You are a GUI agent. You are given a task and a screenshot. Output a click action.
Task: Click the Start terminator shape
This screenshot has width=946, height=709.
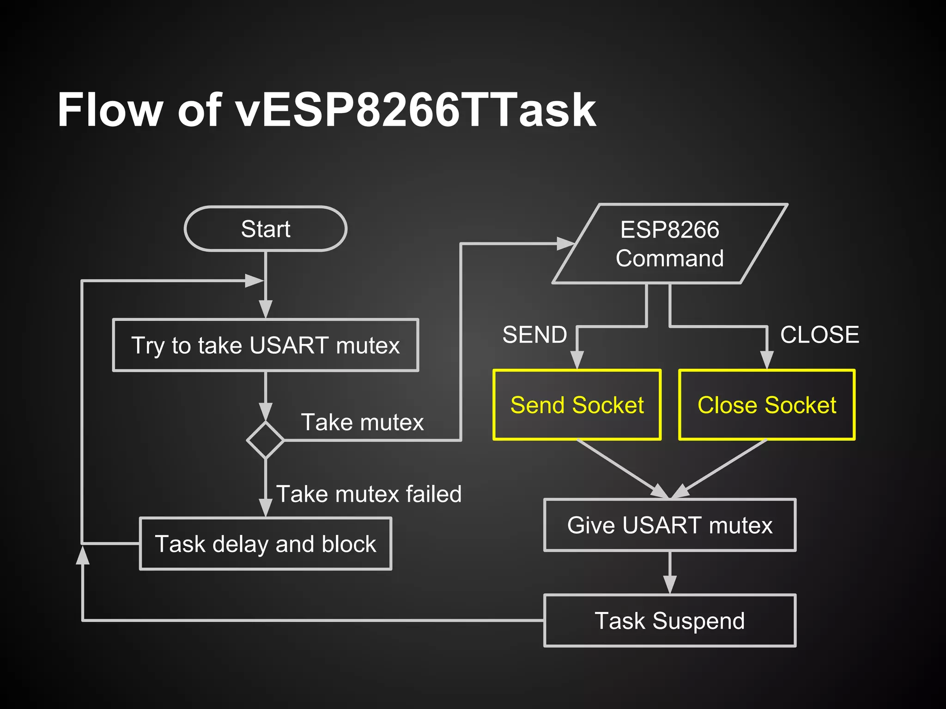(x=265, y=229)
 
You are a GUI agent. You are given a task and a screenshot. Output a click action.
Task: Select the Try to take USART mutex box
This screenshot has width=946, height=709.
(x=265, y=345)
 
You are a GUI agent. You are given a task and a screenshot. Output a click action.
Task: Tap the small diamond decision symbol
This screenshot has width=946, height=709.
(x=265, y=440)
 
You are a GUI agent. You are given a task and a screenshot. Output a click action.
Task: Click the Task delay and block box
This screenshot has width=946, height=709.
(x=265, y=544)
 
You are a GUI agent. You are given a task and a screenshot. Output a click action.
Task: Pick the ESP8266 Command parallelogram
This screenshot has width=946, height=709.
(x=670, y=244)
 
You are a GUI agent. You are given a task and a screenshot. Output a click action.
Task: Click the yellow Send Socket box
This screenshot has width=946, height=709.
(x=577, y=405)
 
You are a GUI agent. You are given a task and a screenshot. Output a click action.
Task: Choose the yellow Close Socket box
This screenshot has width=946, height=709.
(x=767, y=405)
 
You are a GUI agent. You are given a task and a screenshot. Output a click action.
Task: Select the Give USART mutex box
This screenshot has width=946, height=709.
(x=670, y=525)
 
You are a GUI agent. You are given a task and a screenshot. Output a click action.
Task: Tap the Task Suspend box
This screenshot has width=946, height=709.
(x=670, y=620)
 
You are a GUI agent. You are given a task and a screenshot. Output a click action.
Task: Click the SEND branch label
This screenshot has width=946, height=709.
(x=535, y=335)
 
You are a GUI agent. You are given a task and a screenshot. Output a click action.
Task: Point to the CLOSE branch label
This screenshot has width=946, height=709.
(x=819, y=335)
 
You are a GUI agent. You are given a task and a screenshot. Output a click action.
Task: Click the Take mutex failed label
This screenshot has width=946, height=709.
(x=369, y=494)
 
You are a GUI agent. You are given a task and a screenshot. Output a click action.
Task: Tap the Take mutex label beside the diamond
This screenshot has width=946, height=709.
(x=362, y=422)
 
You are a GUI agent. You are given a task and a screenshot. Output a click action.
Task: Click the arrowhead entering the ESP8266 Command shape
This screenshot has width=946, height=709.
(x=565, y=244)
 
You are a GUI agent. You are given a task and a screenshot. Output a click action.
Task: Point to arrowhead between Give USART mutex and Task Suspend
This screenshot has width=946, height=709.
(x=670, y=585)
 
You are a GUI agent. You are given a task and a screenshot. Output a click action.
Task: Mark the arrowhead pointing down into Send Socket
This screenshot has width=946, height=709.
(x=577, y=360)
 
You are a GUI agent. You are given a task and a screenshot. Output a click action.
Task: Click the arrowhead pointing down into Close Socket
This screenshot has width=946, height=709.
(x=767, y=360)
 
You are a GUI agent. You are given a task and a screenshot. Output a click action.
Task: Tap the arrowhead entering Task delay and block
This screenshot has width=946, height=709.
(x=265, y=508)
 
